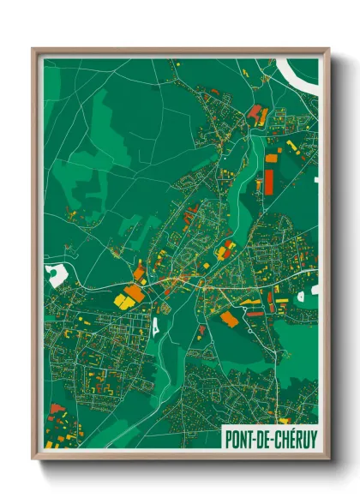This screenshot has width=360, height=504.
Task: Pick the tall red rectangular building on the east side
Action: point(269,177)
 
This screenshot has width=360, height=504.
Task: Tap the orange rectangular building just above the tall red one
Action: point(272,158)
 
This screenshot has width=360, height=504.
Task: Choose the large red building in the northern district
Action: point(255,111)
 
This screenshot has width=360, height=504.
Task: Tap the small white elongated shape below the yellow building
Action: point(155,327)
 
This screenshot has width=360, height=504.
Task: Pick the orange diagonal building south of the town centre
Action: point(229,319)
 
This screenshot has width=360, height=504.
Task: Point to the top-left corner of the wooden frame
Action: point(33,49)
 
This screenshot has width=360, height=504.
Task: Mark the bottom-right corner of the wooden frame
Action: point(328,459)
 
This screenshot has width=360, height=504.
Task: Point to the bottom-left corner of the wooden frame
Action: point(33,459)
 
